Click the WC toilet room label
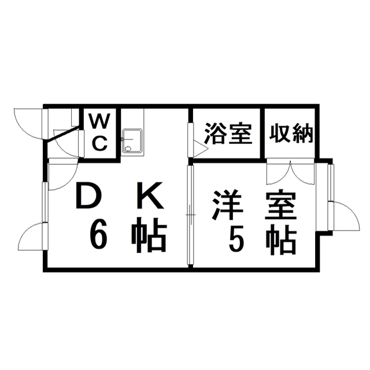tap(100, 132)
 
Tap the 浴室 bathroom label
tap(227, 134)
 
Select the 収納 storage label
tap(291, 134)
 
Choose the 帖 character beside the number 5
tap(281, 239)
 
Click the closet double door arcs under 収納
tap(290, 172)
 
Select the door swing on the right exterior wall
tap(344, 215)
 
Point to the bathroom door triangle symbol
tap(199, 149)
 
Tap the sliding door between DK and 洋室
tap(190, 215)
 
